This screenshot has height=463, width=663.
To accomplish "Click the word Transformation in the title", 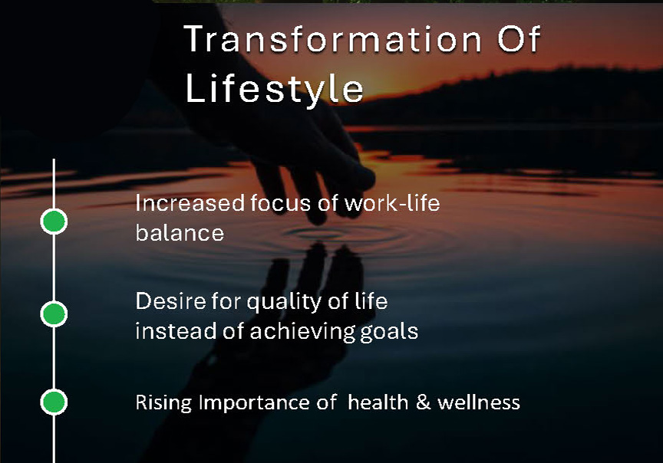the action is [x=333, y=39].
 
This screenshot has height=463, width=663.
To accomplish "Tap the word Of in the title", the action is [x=519, y=39].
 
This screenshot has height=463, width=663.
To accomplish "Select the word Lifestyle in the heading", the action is [x=275, y=88].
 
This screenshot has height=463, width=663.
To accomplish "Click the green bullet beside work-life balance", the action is [x=54, y=222].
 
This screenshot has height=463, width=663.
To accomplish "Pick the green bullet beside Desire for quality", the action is [x=54, y=314].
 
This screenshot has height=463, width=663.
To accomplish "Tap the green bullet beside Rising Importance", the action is [x=54, y=402].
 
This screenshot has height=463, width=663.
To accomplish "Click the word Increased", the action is [x=190, y=203].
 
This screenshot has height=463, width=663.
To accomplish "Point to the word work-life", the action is [x=392, y=203].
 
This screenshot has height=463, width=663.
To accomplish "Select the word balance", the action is [x=180, y=233].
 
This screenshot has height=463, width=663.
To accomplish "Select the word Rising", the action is [x=163, y=403].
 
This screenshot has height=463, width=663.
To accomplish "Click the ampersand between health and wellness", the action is [x=424, y=402].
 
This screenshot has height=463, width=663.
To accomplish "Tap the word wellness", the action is [x=479, y=402].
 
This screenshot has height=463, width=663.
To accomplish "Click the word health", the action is [x=378, y=402].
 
